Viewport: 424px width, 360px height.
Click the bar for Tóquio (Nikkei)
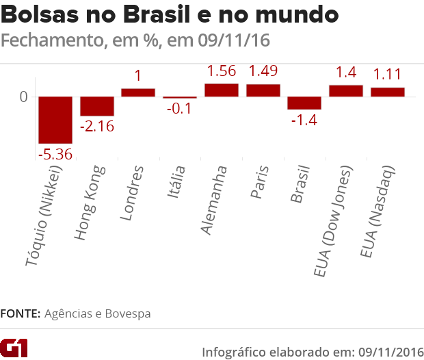click(55, 120)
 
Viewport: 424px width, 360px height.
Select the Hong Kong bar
click(97, 107)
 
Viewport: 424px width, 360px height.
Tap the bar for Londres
click(138, 92)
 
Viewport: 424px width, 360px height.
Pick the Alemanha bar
click(222, 90)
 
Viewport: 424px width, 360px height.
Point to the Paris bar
click(263, 90)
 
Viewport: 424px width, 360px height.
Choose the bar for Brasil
click(304, 103)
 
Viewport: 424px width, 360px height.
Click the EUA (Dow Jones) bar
click(346, 91)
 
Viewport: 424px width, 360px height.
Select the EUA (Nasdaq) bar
click(388, 92)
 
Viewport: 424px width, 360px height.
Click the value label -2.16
click(97, 127)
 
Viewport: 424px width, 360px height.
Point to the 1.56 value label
click(222, 71)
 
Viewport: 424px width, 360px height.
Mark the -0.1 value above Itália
click(179, 110)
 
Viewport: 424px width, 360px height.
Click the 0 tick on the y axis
click(23, 97)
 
